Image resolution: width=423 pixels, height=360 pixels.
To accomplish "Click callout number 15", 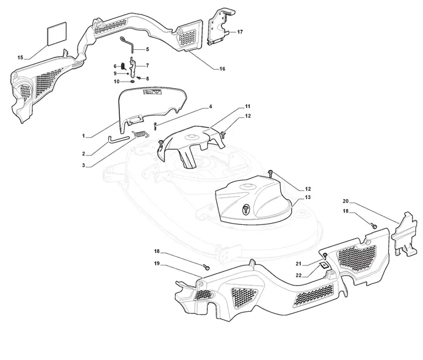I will pyautogui.click(x=20, y=57).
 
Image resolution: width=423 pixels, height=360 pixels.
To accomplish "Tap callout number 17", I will pyautogui.click(x=240, y=32).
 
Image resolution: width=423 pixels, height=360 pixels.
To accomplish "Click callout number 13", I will pyautogui.click(x=307, y=197).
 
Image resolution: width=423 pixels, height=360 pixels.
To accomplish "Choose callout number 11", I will pyautogui.click(x=248, y=106).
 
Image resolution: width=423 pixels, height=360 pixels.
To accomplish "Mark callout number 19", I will pyautogui.click(x=157, y=264).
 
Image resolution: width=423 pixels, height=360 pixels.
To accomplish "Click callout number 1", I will pyautogui.click(x=83, y=136).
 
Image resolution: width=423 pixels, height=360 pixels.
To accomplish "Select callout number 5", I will pyautogui.click(x=147, y=49).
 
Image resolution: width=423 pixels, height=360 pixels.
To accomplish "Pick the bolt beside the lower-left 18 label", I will pyautogui.click(x=206, y=267).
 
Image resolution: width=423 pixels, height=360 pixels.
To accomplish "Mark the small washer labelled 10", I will pyautogui.click(x=133, y=81).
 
